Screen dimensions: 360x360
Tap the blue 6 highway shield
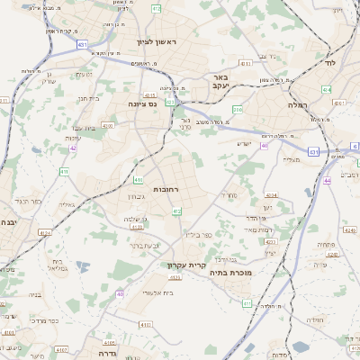coord(355,146)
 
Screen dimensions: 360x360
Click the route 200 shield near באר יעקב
coord(238,110)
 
